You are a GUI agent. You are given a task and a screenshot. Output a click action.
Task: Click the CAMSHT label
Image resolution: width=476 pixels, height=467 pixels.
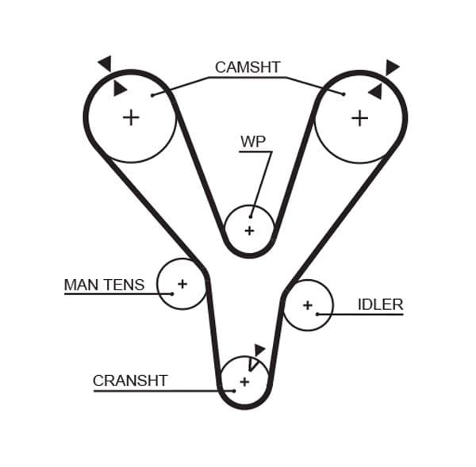[x=248, y=67]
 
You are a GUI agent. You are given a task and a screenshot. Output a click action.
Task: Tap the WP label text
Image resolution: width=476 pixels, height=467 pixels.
[x=253, y=142]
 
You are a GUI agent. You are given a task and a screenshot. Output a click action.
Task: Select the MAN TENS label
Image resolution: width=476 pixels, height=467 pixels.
[x=104, y=284]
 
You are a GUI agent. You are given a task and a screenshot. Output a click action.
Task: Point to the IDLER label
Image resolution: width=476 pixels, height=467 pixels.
[x=380, y=304]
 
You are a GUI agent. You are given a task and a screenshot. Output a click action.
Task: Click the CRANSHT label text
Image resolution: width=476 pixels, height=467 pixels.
[x=130, y=381]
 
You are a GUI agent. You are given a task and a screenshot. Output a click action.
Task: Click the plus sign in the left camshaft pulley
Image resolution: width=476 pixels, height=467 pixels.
[x=131, y=117]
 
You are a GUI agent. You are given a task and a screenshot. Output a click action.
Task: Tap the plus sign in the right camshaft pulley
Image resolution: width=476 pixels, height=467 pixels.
[x=359, y=117]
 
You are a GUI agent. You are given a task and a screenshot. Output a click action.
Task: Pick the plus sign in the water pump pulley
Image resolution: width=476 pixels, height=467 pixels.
[x=249, y=231]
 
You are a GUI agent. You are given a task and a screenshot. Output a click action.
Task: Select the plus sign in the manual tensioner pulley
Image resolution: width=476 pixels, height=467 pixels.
[x=182, y=283]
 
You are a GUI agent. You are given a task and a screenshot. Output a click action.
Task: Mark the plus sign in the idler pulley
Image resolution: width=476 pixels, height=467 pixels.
[x=307, y=304]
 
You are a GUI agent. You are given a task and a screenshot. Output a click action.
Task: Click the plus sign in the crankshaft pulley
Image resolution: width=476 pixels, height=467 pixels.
[x=244, y=381]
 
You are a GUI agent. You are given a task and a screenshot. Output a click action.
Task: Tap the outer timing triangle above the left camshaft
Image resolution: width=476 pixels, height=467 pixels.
[x=105, y=63]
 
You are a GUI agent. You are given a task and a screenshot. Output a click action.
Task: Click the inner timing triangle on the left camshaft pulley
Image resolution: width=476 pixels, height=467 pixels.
[x=120, y=89]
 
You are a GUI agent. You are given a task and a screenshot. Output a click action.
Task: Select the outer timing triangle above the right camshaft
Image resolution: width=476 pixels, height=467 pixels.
[x=392, y=67]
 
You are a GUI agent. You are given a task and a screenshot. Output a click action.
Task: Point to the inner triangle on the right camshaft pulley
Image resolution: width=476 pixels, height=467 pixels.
[x=375, y=92]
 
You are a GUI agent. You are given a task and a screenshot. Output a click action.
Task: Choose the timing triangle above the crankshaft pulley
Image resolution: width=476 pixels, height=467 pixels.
[x=259, y=349]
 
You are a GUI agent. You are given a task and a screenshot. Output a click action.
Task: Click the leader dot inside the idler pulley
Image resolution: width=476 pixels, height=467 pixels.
[x=317, y=314]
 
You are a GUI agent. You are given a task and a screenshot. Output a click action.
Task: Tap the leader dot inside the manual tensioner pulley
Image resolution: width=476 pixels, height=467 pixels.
[x=172, y=293]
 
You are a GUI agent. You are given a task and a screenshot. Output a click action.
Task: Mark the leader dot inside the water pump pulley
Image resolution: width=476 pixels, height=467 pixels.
[x=251, y=216]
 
